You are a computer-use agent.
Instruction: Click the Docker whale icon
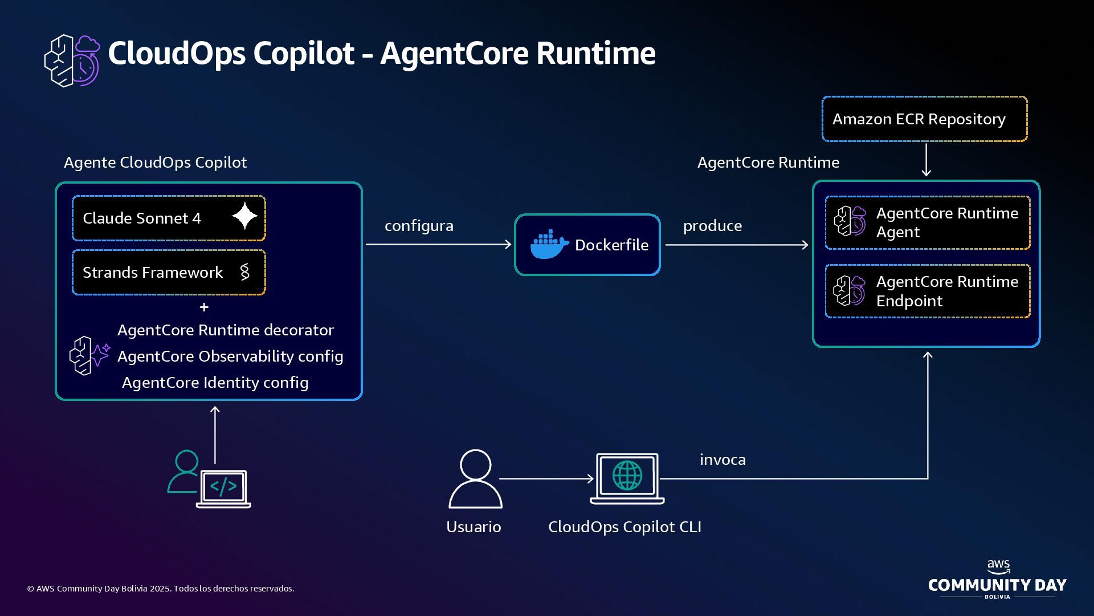[x=549, y=245]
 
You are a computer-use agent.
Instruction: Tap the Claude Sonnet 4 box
[x=169, y=218]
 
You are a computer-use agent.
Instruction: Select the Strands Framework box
[x=169, y=273]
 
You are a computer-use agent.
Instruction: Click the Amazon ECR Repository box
[x=924, y=119]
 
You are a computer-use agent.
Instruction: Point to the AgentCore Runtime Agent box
[x=928, y=222]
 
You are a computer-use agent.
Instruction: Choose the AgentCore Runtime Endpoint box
[x=928, y=291]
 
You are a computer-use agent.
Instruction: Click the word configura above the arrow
[x=419, y=226]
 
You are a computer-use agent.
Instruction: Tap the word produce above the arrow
[x=712, y=226]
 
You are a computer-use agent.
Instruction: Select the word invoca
[x=722, y=460]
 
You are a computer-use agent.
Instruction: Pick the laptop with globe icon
[x=627, y=478]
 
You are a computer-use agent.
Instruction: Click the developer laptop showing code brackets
[x=223, y=488]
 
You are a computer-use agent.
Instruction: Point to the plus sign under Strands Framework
[x=204, y=307]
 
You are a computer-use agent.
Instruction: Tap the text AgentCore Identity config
[x=215, y=383]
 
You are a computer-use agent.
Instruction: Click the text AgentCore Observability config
[x=230, y=356]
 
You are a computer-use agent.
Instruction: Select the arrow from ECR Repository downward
[x=926, y=160]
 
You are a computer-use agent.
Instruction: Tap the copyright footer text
[x=161, y=589]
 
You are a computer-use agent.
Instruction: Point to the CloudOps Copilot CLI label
[x=624, y=527]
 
